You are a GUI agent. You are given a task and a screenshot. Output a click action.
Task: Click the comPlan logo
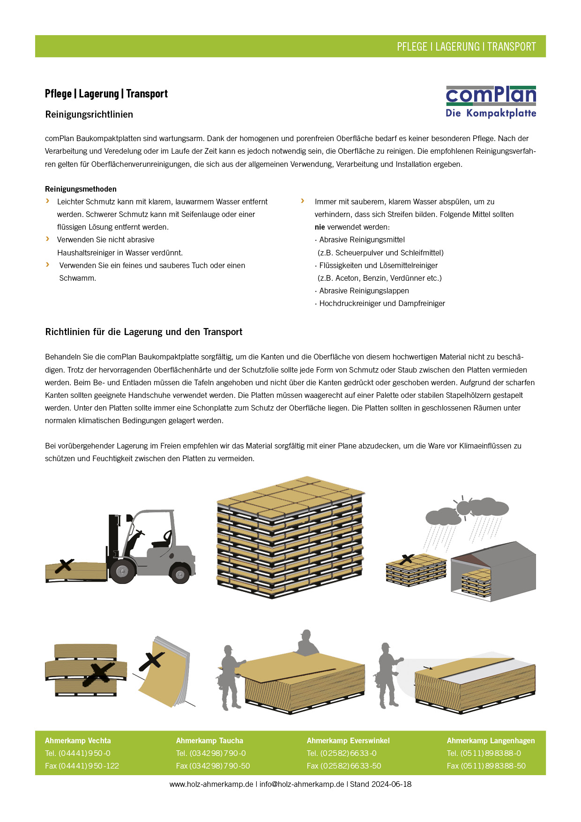(491, 102)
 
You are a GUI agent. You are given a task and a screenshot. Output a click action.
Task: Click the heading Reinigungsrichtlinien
(89, 114)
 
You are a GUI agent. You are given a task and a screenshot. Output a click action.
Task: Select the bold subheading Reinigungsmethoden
(81, 189)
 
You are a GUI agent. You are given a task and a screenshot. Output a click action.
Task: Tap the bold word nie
(320, 227)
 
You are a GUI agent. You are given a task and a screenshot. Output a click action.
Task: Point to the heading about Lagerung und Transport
(144, 332)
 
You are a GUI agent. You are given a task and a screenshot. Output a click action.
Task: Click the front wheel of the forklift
(122, 571)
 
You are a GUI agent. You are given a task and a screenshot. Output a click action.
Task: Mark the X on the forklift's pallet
(64, 566)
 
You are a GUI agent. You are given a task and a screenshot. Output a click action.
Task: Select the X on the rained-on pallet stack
(407, 559)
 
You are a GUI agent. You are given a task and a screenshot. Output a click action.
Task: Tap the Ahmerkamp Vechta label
(78, 740)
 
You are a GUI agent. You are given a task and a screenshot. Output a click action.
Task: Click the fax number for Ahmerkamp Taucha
(213, 766)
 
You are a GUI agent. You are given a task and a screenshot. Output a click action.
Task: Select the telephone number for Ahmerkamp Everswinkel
(342, 753)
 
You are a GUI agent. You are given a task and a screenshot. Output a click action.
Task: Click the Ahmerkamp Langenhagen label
(491, 740)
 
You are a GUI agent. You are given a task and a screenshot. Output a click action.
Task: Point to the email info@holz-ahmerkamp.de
(302, 784)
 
